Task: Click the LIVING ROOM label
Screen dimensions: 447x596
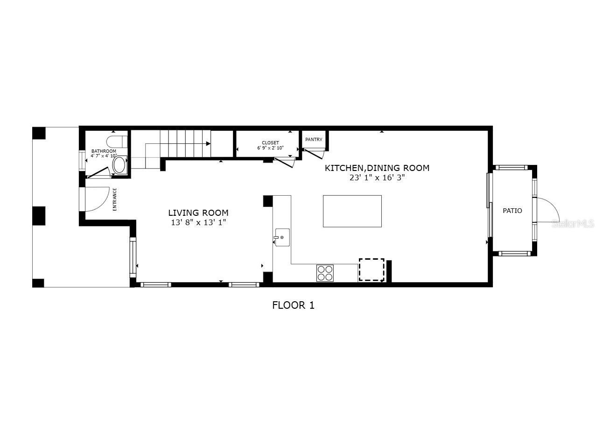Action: pos(198,213)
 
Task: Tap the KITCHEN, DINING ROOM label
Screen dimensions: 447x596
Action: pos(377,168)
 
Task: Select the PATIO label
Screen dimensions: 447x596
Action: pos(512,211)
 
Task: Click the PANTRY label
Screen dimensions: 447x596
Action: pos(314,140)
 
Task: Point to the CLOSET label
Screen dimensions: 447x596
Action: pos(270,143)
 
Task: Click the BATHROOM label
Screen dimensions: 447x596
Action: pos(104,151)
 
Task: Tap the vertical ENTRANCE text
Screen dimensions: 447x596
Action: pos(115,199)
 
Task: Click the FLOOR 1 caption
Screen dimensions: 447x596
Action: pos(293,305)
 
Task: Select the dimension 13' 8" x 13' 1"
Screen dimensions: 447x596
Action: pos(198,223)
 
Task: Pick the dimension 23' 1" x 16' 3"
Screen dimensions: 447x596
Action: pos(377,178)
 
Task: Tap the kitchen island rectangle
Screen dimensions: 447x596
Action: pos(352,211)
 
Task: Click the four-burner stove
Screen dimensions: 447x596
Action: pos(325,273)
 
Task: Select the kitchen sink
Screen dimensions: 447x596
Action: pos(282,237)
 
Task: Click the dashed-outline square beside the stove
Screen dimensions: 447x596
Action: pos(372,270)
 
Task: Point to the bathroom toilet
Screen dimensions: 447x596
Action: pos(116,141)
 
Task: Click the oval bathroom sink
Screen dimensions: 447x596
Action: pos(120,165)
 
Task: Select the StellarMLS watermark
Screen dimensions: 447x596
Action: pos(573,224)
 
